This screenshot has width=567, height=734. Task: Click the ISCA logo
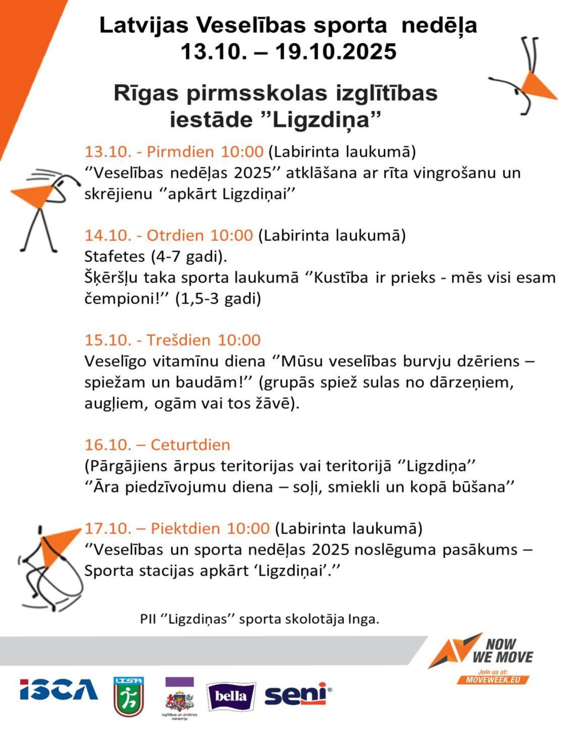pyautogui.click(x=59, y=690)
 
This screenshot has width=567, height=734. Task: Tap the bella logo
pyautogui.click(x=231, y=696)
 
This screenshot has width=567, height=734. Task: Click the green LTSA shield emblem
pyautogui.click(x=128, y=696)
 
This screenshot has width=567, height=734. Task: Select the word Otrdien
pyautogui.click(x=175, y=235)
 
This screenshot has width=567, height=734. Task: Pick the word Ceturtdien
pyautogui.click(x=190, y=444)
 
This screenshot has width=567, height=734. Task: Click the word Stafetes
pyautogui.click(x=115, y=257)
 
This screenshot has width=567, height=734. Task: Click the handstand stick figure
pyautogui.click(x=525, y=76)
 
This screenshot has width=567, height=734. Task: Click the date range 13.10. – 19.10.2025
pyautogui.click(x=288, y=51)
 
